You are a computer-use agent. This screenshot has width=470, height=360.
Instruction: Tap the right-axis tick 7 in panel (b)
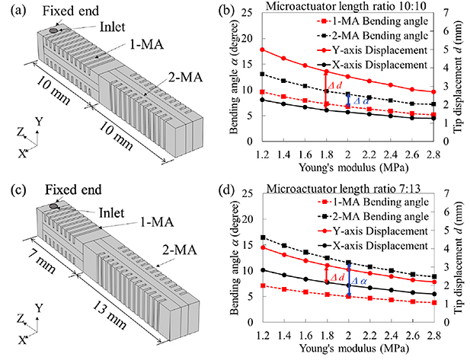tap(446, 18)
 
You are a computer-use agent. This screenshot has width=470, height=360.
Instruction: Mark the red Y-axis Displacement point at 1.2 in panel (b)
tap(263, 49)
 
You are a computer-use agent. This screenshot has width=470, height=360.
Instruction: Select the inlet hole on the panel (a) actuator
tap(53, 31)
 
